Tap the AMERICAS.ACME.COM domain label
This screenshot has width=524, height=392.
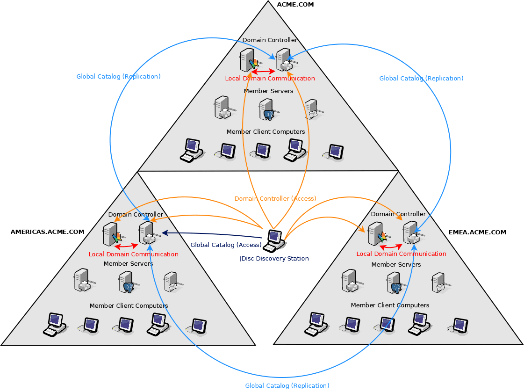pyautogui.click(x=47, y=232)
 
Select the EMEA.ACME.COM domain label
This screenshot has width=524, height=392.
pyautogui.click(x=477, y=232)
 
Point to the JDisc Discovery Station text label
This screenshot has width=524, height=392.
pyautogui.click(x=274, y=258)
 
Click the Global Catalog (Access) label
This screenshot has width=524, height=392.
pyautogui.click(x=226, y=245)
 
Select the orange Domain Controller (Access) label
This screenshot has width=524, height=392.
pyautogui.click(x=275, y=198)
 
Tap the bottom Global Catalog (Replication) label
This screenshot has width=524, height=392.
pyautogui.click(x=287, y=385)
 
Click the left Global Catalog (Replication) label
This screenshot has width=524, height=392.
pyautogui.click(x=118, y=76)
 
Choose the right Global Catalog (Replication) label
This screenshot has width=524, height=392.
pyautogui.click(x=421, y=78)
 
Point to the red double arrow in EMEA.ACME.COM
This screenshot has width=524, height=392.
pyautogui.click(x=391, y=246)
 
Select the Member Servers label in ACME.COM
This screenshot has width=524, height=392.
pyautogui.click(x=268, y=91)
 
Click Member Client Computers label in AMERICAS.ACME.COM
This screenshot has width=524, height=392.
pyautogui.click(x=129, y=305)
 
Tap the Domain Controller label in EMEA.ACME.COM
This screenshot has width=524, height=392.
pyautogui.click(x=398, y=214)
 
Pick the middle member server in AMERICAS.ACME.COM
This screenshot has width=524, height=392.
pyautogui.click(x=127, y=282)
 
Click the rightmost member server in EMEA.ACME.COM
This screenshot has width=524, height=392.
pyautogui.click(x=438, y=282)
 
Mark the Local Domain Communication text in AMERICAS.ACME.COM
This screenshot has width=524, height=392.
pyautogui.click(x=133, y=254)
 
